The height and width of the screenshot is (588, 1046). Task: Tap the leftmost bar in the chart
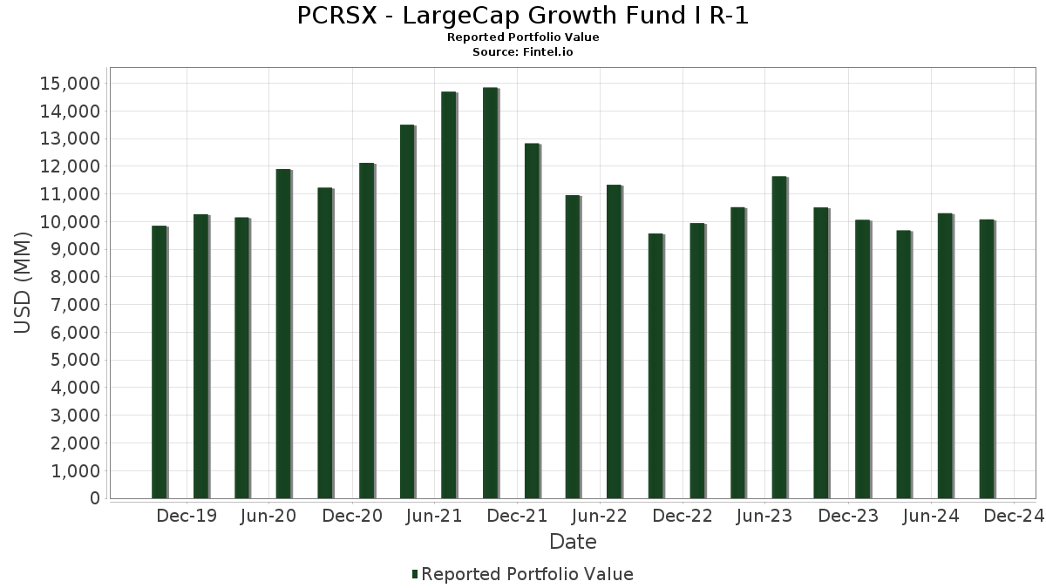pyautogui.click(x=159, y=362)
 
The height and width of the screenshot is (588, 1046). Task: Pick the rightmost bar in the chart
pyautogui.click(x=986, y=359)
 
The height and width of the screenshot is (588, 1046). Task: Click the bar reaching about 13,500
pyautogui.click(x=407, y=312)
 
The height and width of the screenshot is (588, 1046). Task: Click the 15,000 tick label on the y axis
pyautogui.click(x=70, y=84)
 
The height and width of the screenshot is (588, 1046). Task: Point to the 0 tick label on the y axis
pyautogui.click(x=94, y=498)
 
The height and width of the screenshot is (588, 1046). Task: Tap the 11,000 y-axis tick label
pyautogui.click(x=70, y=194)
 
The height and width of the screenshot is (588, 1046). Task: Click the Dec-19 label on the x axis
pyautogui.click(x=187, y=517)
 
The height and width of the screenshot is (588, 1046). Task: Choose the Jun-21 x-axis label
pyautogui.click(x=435, y=517)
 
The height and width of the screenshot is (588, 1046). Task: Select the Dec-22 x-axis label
pyautogui.click(x=683, y=517)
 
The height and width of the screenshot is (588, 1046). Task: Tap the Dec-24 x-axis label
pyautogui.click(x=1014, y=517)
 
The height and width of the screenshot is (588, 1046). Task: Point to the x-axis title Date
pyautogui.click(x=573, y=542)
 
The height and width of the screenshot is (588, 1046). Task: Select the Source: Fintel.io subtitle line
pyautogui.click(x=522, y=52)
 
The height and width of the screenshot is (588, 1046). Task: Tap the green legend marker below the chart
pyautogui.click(x=414, y=574)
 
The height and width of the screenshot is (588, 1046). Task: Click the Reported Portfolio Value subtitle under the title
pyautogui.click(x=522, y=37)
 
